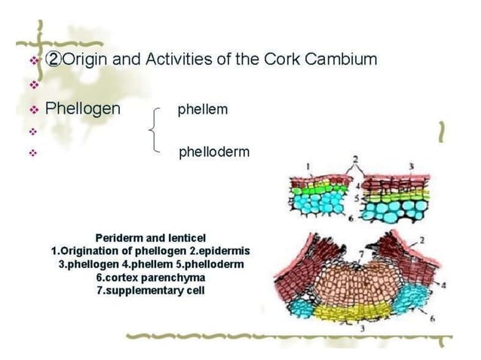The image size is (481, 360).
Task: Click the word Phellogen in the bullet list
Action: pos(83,108)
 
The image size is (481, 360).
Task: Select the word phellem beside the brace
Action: pos(203,109)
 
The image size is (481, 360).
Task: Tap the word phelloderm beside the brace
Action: pos(214,152)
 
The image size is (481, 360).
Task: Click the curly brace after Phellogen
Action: pos(155,130)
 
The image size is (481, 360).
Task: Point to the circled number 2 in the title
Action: pos(54,59)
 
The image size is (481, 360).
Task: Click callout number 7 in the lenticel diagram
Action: pos(361,254)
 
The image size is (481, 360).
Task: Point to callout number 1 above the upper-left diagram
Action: pos(308,166)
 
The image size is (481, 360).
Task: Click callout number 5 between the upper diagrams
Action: pos(357,199)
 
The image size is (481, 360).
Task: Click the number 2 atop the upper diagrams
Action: pos(356,159)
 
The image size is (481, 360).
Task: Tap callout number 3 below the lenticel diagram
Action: pos(363,329)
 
